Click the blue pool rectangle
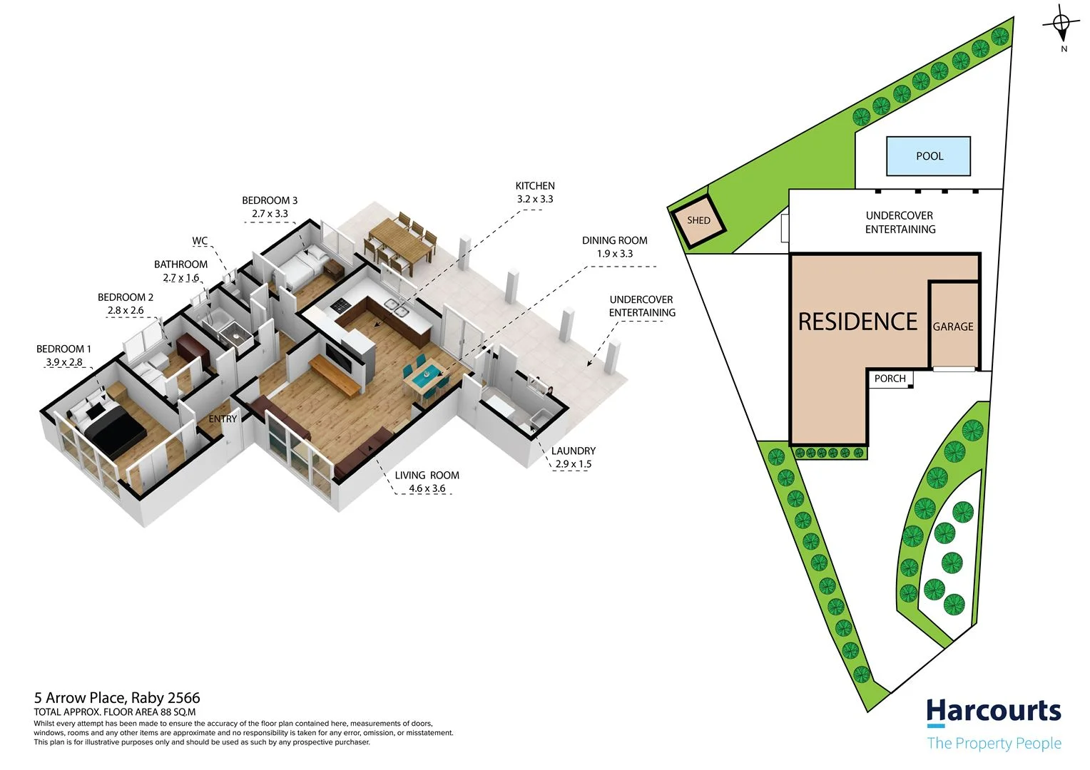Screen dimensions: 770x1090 929,156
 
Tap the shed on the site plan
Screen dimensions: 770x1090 698,220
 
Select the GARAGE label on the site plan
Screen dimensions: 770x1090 953,327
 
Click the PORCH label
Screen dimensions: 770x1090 890,379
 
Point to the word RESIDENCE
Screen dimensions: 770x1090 857,322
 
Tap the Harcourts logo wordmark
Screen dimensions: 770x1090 993,712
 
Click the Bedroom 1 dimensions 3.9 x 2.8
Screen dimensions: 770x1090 64,362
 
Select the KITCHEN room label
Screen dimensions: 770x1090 535,185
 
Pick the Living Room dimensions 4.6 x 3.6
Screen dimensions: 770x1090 427,488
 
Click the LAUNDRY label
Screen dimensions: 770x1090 573,451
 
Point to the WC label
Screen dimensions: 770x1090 200,241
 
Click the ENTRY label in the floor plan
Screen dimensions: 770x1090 223,419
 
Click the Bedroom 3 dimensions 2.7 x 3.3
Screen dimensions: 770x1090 270,213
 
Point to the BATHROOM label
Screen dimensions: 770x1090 180,265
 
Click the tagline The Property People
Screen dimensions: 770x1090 994,744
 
